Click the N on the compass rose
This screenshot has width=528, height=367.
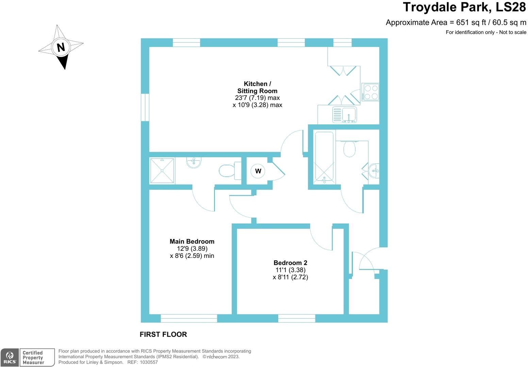coord(61,47)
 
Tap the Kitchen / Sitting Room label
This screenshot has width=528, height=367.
coord(257,87)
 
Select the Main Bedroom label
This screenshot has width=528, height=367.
coord(192,242)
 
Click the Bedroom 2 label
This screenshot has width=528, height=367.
coord(290,263)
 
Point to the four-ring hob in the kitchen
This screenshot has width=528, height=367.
coord(370,92)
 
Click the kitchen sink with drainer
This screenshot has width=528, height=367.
coord(345,115)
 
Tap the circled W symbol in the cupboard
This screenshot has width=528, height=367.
coord(258,171)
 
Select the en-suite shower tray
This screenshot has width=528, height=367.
coord(162,171)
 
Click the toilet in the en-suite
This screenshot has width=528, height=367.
coord(227,171)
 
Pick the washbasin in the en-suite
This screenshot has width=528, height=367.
coord(194,162)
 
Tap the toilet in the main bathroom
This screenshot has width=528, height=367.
coord(349,149)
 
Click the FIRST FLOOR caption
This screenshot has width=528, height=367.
coord(163,334)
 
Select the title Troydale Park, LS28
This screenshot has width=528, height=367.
coord(464,7)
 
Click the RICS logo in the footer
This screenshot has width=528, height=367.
coord(10,357)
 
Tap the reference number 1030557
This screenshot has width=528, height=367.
coord(147,362)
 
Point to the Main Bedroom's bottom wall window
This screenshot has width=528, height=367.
coord(189,318)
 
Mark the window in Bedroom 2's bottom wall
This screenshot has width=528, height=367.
coord(297,318)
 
